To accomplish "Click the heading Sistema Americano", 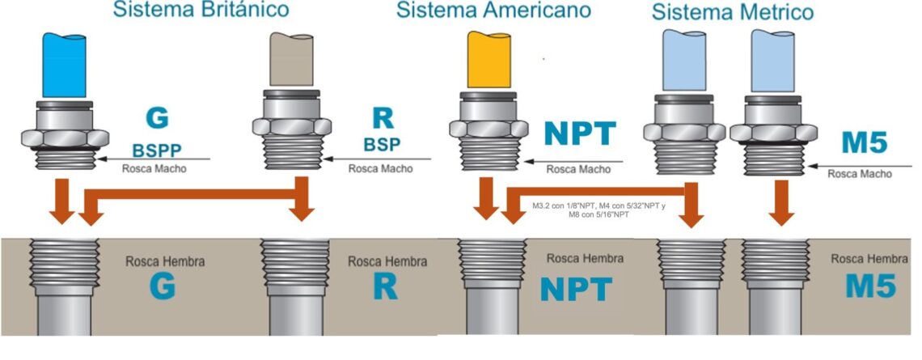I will click(493, 10).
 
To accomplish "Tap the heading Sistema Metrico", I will click(733, 12).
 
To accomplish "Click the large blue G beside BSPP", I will click(157, 117).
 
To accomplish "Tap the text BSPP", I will click(157, 150).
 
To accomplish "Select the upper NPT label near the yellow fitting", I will click(580, 133).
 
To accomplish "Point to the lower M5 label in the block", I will click(866, 286).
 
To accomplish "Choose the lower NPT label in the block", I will click(577, 288).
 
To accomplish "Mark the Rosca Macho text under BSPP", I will click(154, 169).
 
